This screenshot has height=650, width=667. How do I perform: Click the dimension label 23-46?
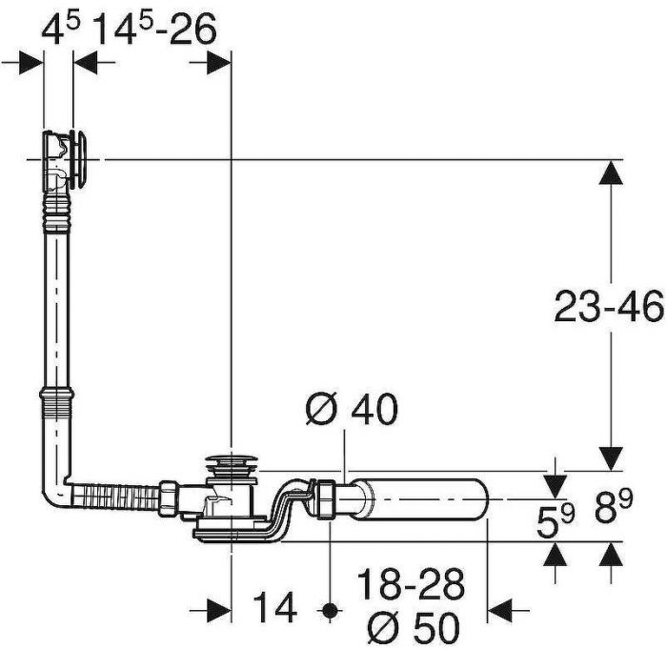(x=609, y=306)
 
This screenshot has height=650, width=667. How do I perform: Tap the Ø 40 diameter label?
(x=353, y=408)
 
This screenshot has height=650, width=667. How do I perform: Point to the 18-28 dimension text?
(x=411, y=584)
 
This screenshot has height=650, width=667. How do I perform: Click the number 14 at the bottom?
(x=274, y=608)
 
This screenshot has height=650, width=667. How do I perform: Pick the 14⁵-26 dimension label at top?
(x=154, y=29)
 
